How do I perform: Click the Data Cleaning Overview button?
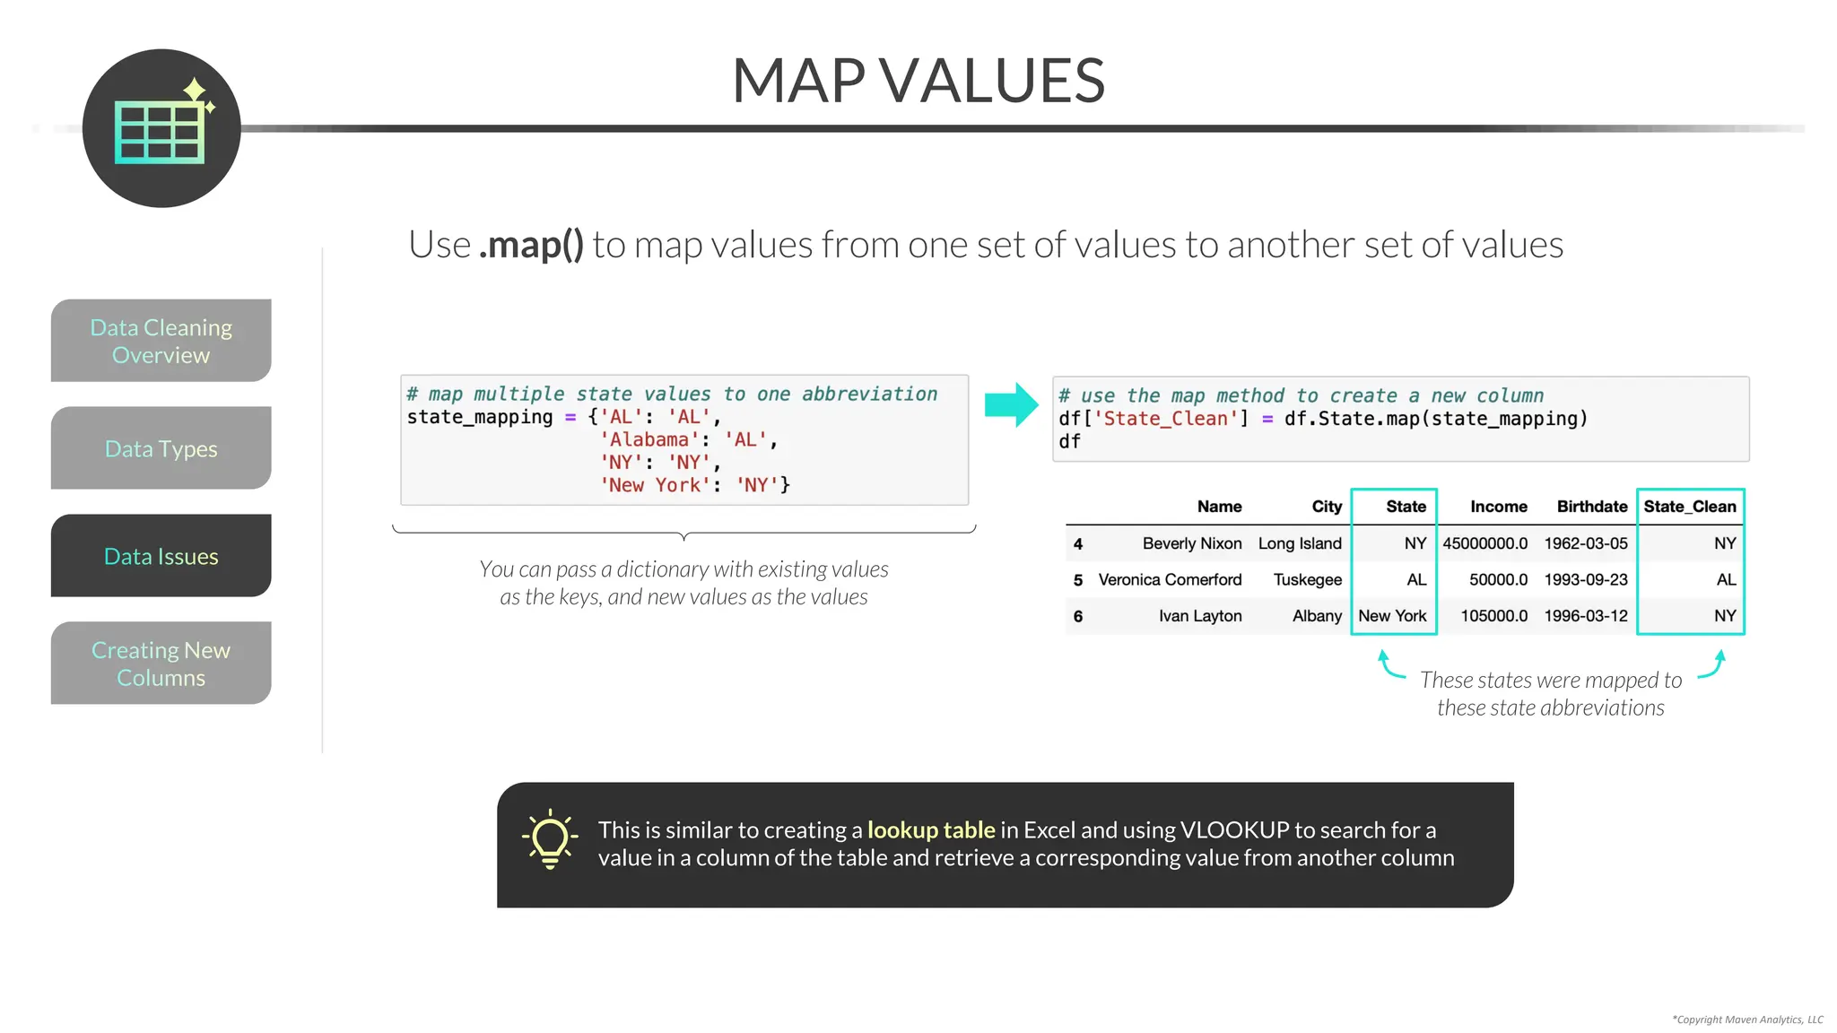[x=161, y=341]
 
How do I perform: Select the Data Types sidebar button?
[x=161, y=448]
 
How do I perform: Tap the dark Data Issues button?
[x=161, y=556]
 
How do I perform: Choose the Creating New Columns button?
[x=161, y=664]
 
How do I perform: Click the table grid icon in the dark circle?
[x=161, y=132]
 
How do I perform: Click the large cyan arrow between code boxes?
[x=1011, y=405]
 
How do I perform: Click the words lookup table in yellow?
[x=931, y=830]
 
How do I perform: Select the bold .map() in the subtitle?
[x=531, y=245]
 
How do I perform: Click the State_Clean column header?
[x=1690, y=507]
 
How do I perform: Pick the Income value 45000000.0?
[x=1484, y=543]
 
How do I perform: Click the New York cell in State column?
[x=1392, y=616]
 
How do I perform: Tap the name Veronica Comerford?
[x=1170, y=580]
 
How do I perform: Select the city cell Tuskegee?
[x=1307, y=580]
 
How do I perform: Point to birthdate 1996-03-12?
[x=1585, y=616]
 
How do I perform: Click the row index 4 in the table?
[x=1078, y=544]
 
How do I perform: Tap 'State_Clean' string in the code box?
[x=1166, y=419]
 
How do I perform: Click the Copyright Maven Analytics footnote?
[x=1747, y=1020]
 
